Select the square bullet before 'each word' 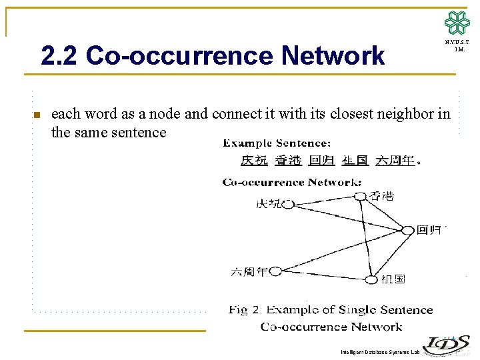pos(37,115)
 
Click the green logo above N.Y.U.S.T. pos(457,23)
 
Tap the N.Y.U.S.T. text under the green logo pos(457,43)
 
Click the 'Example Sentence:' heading pos(276,143)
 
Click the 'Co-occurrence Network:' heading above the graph pos(292,182)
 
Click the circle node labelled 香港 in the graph pos(360,196)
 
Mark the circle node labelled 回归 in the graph pos(407,230)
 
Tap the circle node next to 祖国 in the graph pos(371,279)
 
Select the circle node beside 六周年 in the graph pos(275,271)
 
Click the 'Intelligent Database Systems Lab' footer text pos(379,352)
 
